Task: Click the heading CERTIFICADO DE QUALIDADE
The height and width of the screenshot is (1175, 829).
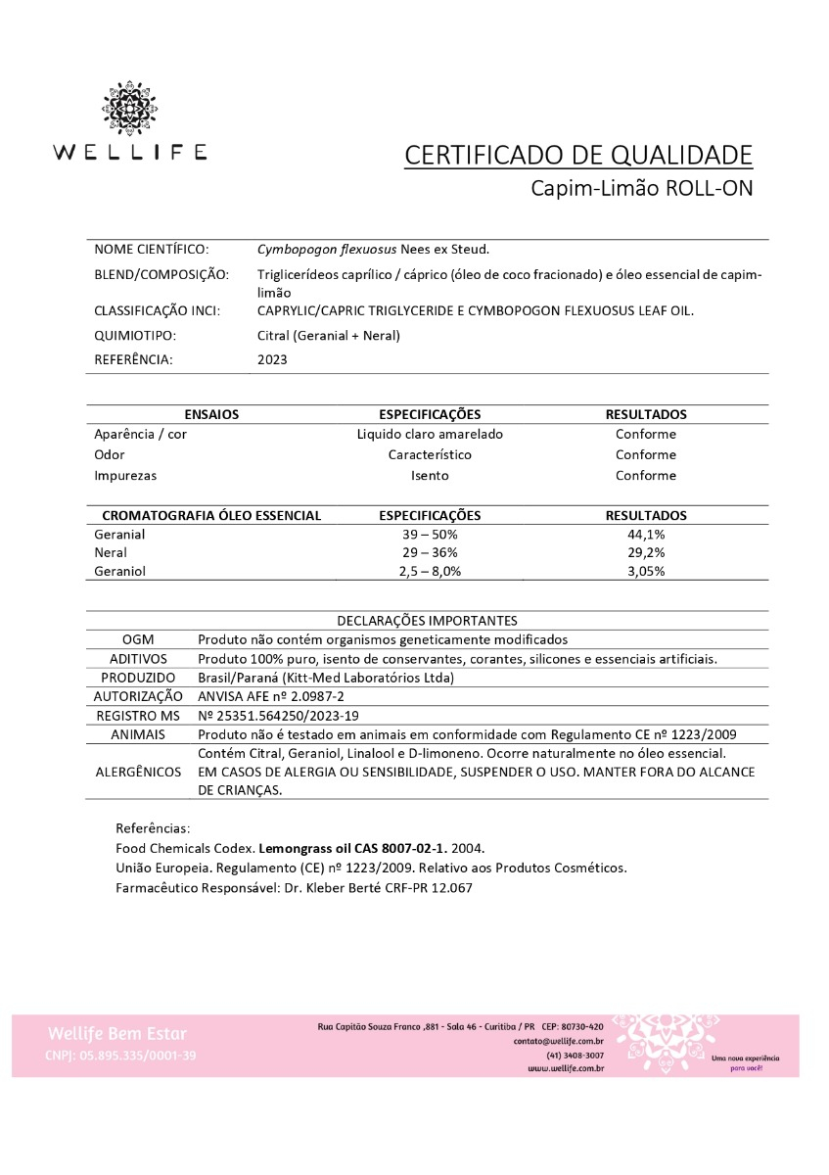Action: point(578,155)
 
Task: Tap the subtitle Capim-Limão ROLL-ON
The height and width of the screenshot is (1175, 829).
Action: point(641,188)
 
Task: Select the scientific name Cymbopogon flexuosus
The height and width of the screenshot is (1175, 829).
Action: point(321,250)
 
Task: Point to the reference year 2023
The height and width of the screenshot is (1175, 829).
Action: point(272,359)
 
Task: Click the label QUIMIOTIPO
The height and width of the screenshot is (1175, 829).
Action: point(135,336)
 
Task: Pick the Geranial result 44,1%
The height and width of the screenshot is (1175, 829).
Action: point(646,535)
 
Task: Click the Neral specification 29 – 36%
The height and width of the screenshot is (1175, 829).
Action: point(430,552)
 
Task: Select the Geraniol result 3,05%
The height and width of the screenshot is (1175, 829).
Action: point(646,571)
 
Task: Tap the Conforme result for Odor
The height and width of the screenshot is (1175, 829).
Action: point(646,454)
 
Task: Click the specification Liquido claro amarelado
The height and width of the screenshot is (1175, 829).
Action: point(430,434)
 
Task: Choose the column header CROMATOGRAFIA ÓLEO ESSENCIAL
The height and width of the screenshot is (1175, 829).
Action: point(211,515)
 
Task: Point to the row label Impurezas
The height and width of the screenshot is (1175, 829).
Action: point(125,475)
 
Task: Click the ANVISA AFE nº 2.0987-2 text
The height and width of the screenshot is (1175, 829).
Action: point(258,695)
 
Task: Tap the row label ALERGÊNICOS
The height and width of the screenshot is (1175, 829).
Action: point(138,772)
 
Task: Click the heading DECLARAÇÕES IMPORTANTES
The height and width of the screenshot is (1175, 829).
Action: point(428,620)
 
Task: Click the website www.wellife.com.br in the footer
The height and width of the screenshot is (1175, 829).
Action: point(566,1068)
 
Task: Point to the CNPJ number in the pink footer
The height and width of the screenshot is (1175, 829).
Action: point(120,1056)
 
